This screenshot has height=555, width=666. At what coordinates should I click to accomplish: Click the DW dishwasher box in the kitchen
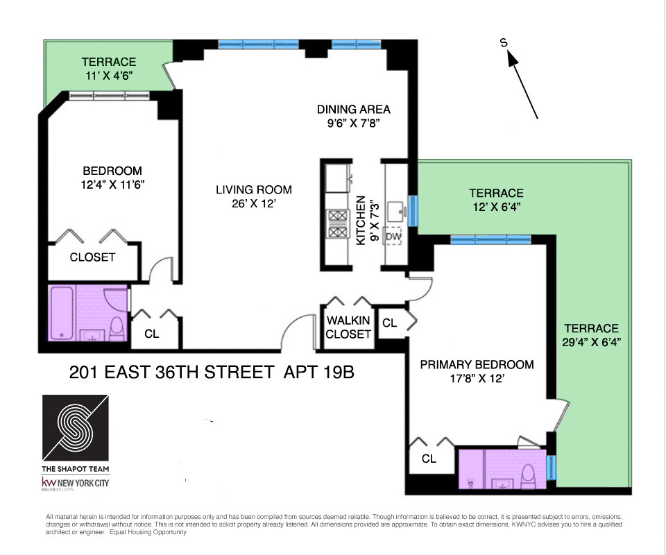pyautogui.click(x=393, y=236)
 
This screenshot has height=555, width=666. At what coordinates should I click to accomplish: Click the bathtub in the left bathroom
pyautogui.click(x=62, y=313)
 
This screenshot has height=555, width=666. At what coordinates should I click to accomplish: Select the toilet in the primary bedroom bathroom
pyautogui.click(x=528, y=477)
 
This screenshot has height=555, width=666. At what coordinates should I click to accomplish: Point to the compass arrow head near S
pyautogui.click(x=513, y=58)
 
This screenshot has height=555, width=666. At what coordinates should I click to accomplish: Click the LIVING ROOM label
pyautogui.click(x=254, y=190)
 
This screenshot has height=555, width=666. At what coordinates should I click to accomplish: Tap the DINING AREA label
pyautogui.click(x=353, y=110)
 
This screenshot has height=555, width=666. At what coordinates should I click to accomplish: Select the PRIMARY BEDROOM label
pyautogui.click(x=477, y=365)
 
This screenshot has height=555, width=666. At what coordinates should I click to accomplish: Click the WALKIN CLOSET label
pyautogui.click(x=348, y=327)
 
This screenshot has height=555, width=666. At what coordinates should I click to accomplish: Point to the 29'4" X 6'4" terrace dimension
pyautogui.click(x=591, y=342)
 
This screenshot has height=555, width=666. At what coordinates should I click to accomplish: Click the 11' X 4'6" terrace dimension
pyautogui.click(x=109, y=76)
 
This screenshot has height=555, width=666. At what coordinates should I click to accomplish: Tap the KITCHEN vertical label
pyautogui.click(x=361, y=221)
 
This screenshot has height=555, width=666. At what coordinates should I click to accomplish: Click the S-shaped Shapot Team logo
pyautogui.click(x=75, y=427)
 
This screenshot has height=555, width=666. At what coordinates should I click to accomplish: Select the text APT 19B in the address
pyautogui.click(x=318, y=373)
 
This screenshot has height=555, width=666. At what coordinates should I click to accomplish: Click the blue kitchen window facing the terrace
pyautogui.click(x=412, y=211)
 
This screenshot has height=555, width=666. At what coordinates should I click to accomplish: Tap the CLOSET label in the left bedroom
pyautogui.click(x=92, y=257)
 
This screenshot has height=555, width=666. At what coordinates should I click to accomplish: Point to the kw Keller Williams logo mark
pyautogui.click(x=49, y=482)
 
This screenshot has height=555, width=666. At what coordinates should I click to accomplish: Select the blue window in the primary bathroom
pyautogui.click(x=550, y=468)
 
